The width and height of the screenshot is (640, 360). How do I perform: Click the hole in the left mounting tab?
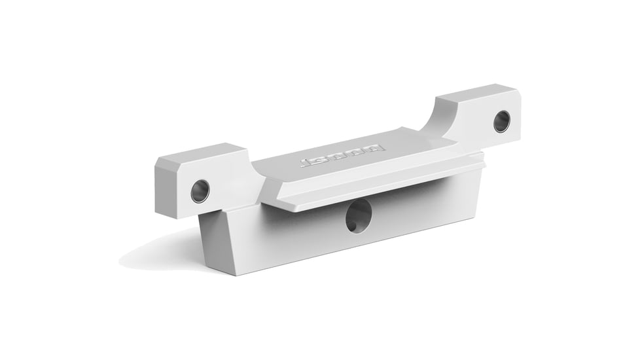200,190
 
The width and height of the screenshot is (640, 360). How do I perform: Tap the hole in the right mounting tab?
502,121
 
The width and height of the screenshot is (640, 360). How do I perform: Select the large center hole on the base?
359,216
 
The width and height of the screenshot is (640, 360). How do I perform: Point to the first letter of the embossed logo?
306,162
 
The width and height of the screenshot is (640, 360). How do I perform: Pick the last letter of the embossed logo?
378,149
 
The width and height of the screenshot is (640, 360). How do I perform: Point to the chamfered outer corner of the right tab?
518,92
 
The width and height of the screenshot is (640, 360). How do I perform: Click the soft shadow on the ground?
157,255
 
